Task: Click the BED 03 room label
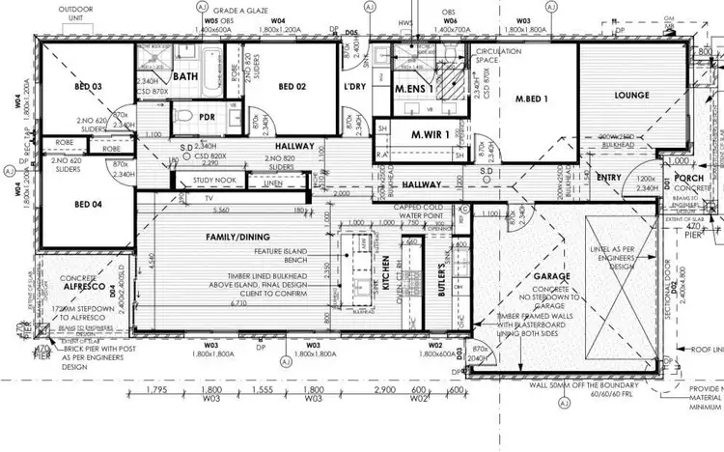87,87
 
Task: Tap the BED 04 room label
88,204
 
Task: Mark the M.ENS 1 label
412,89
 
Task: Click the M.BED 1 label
531,99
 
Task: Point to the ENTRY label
609,177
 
